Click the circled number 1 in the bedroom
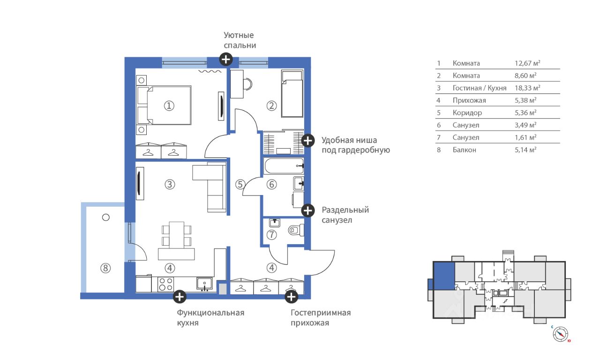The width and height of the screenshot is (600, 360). coord(169,106)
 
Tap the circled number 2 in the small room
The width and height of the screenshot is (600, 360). coord(271,106)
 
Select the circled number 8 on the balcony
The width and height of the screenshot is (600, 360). coord(105,268)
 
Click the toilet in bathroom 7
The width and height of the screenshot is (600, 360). coord(296,230)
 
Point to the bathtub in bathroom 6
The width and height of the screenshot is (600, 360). coord(285,166)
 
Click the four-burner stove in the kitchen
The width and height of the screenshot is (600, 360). coord(165,284)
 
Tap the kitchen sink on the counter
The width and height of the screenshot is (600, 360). coord(205,284)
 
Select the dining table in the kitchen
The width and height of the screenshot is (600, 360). coord(177,235)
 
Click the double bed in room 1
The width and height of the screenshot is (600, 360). coord(164,105)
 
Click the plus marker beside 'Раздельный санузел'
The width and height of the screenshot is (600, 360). coord(308,210)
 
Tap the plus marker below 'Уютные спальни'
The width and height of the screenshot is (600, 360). coord(226,59)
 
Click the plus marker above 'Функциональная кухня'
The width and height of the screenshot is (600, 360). coord(180,297)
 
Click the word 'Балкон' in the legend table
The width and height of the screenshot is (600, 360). coord(465,150)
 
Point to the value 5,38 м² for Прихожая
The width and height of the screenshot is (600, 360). coord(525,100)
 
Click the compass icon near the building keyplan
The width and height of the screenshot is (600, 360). coord(560,334)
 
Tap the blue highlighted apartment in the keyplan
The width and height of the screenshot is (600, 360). coord(444,276)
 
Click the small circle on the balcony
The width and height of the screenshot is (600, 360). coord(106,217)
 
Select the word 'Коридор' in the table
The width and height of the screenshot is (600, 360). coord(467,113)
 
